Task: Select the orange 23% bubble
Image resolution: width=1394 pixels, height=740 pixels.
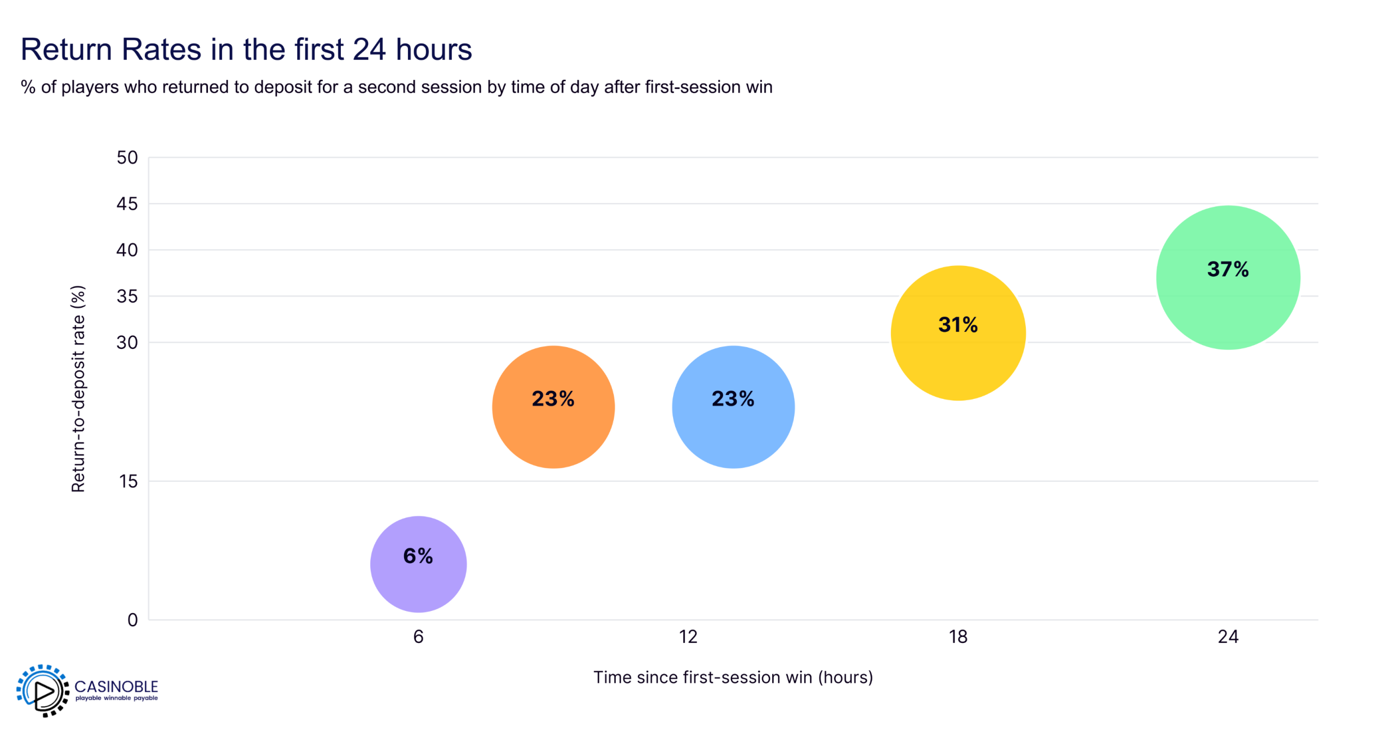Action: pyautogui.click(x=553, y=407)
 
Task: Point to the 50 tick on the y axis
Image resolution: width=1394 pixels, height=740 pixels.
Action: pyautogui.click(x=127, y=157)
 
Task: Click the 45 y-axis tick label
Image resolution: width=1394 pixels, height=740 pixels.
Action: pyautogui.click(x=127, y=204)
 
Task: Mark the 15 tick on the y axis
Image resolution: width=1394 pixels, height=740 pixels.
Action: pyautogui.click(x=129, y=481)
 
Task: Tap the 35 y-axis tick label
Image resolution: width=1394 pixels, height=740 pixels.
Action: pyautogui.click(x=127, y=296)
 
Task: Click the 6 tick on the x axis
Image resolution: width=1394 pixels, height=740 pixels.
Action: pyautogui.click(x=418, y=636)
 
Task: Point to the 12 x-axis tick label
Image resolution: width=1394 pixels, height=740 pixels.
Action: pyautogui.click(x=688, y=636)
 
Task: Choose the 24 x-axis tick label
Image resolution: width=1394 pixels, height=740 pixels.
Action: pyautogui.click(x=1227, y=636)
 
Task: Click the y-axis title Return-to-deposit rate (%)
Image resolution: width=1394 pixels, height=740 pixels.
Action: pyautogui.click(x=78, y=388)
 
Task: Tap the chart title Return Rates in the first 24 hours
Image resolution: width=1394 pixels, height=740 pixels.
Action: pyautogui.click(x=246, y=49)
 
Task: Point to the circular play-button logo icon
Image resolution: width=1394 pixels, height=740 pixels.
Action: pyautogui.click(x=42, y=690)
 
